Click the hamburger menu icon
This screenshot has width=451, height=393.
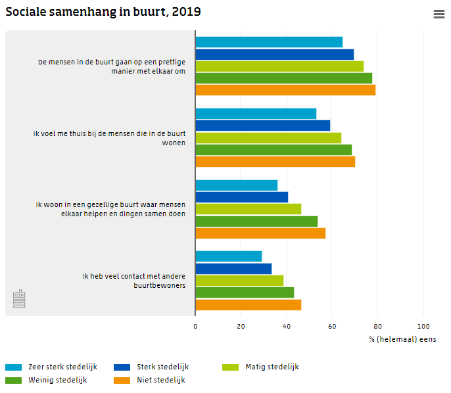[439, 14]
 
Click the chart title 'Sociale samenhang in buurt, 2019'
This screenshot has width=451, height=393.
[103, 12]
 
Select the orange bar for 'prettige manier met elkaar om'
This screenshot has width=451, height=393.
[285, 90]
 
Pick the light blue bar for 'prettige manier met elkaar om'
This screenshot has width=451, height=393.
[269, 42]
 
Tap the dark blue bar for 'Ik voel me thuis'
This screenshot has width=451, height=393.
[262, 126]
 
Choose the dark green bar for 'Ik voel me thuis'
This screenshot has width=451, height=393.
[273, 150]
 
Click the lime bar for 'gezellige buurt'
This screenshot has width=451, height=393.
[248, 209]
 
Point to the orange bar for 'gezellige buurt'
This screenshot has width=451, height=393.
[260, 233]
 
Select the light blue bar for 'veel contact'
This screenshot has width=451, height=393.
[228, 256]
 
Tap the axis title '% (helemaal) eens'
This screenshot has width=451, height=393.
[402, 339]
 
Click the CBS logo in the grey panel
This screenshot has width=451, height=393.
[19, 299]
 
